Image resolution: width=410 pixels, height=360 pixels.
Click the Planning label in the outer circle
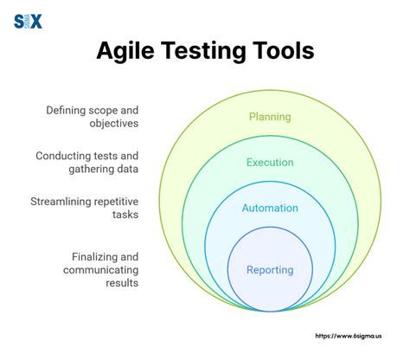(269, 117)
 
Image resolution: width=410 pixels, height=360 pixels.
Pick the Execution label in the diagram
(269, 162)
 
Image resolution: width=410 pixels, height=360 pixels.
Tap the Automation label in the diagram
(269, 208)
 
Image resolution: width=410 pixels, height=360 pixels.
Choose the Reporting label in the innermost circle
(269, 270)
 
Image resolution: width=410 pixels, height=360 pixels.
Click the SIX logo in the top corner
(28, 22)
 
